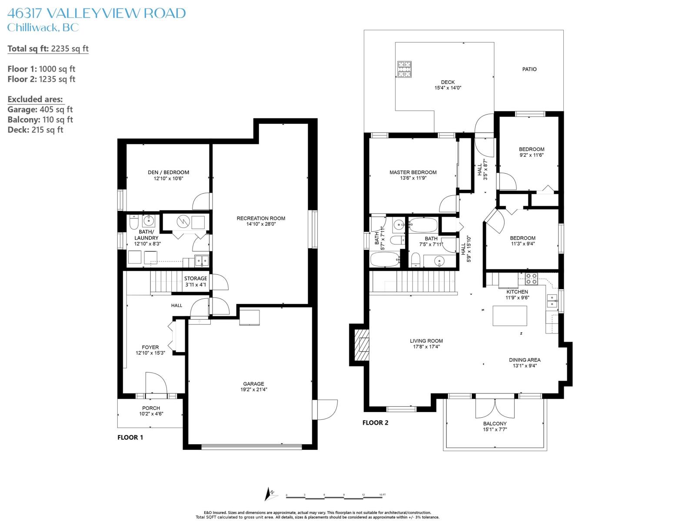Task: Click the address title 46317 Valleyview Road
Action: (x=96, y=13)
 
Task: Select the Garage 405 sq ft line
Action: (x=40, y=109)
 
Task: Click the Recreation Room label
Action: (x=261, y=218)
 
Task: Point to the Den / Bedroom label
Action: (x=168, y=172)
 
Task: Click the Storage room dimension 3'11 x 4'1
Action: (x=196, y=284)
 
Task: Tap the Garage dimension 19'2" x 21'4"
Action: (x=253, y=389)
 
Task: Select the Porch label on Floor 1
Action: (x=151, y=408)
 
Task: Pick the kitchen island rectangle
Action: (x=510, y=316)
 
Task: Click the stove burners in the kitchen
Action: (x=531, y=279)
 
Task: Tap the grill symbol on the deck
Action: (x=405, y=69)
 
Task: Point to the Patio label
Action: (x=529, y=69)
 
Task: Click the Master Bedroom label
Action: (x=413, y=172)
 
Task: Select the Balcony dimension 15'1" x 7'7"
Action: (x=495, y=429)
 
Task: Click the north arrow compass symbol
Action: (x=270, y=494)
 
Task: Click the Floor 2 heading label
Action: (x=375, y=422)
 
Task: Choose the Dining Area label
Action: (x=525, y=360)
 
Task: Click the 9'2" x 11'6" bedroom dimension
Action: (x=532, y=155)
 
